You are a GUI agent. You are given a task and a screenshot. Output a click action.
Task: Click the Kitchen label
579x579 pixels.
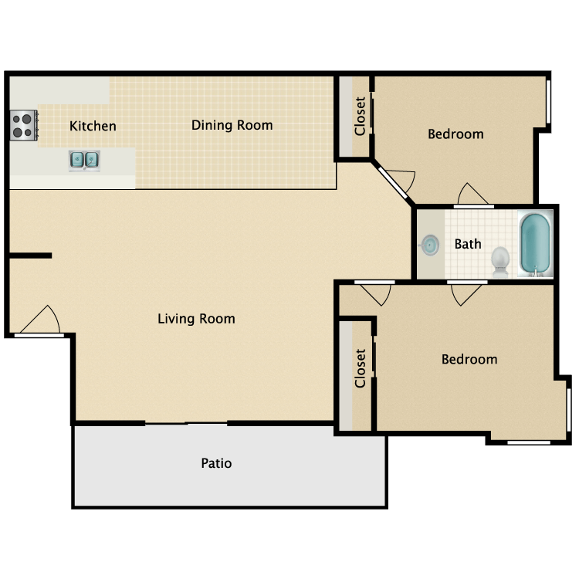pos(93,126)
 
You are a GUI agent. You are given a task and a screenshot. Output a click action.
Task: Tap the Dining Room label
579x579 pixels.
pos(232,125)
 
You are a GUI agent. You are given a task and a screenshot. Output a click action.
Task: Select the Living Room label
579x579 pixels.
pos(196,318)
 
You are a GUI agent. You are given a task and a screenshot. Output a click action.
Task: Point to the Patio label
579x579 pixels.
pos(216,463)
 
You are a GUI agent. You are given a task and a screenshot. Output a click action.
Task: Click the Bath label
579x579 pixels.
pos(468,244)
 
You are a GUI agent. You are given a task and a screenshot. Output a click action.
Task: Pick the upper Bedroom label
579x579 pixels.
pos(455,134)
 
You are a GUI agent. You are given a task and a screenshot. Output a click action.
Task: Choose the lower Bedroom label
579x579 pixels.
pos(469,359)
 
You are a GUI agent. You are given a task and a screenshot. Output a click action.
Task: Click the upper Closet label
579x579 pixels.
pos(360,116)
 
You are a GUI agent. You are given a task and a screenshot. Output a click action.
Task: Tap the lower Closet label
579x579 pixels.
pos(360,368)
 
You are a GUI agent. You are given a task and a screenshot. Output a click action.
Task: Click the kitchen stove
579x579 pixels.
pos(23,125)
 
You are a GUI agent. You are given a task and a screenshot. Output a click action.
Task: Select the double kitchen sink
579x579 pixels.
pos(84,160)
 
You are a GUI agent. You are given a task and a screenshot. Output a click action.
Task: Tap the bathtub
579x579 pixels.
pos(534,243)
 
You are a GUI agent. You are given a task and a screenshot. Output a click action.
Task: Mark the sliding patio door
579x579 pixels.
pos(186,422)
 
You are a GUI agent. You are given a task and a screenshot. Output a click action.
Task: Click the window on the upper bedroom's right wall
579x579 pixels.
pos(549,100)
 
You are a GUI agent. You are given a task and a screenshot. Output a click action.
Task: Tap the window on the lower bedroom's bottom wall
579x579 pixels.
pos(529,442)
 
